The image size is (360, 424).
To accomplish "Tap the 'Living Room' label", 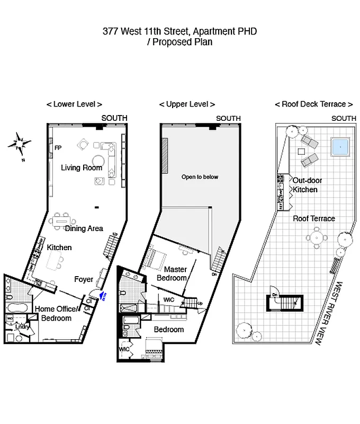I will [82, 168].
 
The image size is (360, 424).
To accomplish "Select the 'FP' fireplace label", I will [58, 148].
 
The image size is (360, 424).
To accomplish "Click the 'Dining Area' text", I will [84, 229].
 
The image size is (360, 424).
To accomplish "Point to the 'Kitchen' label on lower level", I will [59, 248].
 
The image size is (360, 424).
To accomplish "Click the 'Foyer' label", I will [84, 279].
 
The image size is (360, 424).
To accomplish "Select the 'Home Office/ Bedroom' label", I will [56, 314].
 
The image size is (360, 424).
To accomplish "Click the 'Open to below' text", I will [200, 177].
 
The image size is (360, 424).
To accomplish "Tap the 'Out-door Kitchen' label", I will [307, 185].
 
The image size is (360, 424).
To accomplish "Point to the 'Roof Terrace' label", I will [314, 218].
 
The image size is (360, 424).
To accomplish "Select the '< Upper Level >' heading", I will [187, 104].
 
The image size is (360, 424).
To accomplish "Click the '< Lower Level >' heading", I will [74, 104].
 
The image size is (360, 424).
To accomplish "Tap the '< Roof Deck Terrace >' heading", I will [314, 104].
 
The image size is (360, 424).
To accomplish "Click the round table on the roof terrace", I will [317, 237].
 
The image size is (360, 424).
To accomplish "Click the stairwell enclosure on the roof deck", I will [285, 303].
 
